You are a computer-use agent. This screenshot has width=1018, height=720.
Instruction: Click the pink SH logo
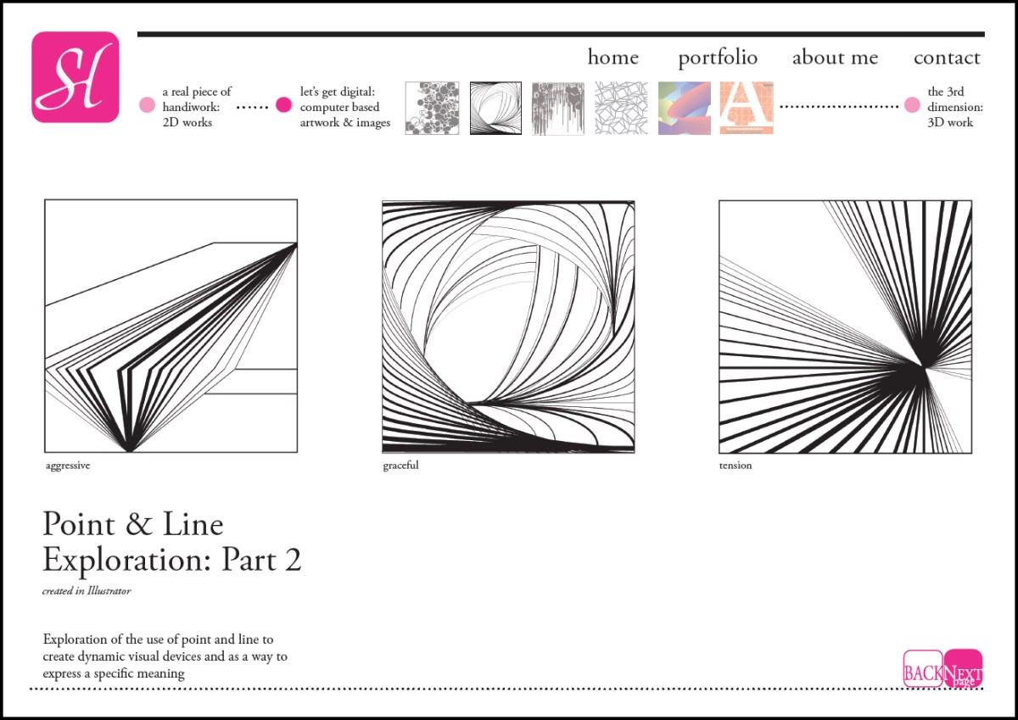(x=76, y=77)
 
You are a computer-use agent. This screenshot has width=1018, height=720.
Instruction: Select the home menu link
(x=613, y=57)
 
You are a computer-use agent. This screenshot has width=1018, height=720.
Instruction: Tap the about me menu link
(x=835, y=58)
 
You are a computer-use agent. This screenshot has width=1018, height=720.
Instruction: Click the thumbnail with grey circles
(x=432, y=108)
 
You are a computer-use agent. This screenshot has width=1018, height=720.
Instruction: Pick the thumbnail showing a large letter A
(x=747, y=108)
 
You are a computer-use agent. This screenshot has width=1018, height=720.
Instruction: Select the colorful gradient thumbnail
(x=684, y=108)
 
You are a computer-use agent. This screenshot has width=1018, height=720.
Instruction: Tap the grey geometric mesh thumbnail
(x=621, y=108)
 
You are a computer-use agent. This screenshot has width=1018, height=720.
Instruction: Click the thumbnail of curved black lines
(x=495, y=108)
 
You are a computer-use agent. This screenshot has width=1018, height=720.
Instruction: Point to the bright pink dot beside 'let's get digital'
(x=283, y=105)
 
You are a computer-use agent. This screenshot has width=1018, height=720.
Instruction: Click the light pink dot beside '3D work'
(x=912, y=105)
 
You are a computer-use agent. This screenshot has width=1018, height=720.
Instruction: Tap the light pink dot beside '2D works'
(x=147, y=105)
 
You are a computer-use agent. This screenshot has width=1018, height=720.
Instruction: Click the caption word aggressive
(x=68, y=466)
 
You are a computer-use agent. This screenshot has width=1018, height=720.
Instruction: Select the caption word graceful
(x=400, y=466)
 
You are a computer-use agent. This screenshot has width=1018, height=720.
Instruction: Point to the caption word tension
(x=736, y=466)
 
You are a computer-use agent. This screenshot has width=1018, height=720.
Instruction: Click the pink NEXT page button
(x=963, y=668)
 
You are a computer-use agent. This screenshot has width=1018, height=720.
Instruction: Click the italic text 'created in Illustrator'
(x=87, y=590)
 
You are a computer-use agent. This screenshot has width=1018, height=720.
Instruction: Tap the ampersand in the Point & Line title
(x=138, y=524)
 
